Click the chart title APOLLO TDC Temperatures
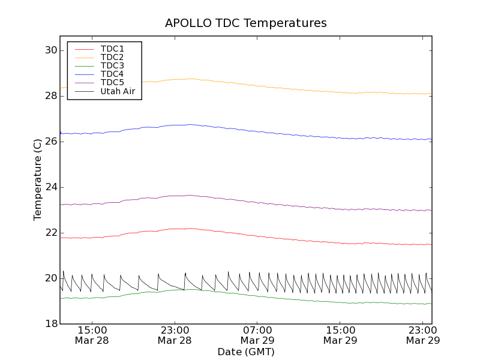(x=246, y=23)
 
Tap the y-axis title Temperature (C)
(x=38, y=179)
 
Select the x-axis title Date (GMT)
(x=246, y=352)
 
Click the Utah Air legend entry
(x=118, y=91)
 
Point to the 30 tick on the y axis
(x=50, y=50)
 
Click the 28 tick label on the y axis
(x=50, y=96)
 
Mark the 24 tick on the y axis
(x=50, y=187)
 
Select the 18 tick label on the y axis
(x=50, y=324)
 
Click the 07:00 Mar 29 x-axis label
(x=257, y=335)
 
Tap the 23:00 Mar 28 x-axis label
(x=175, y=335)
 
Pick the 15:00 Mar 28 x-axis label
(x=92, y=335)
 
